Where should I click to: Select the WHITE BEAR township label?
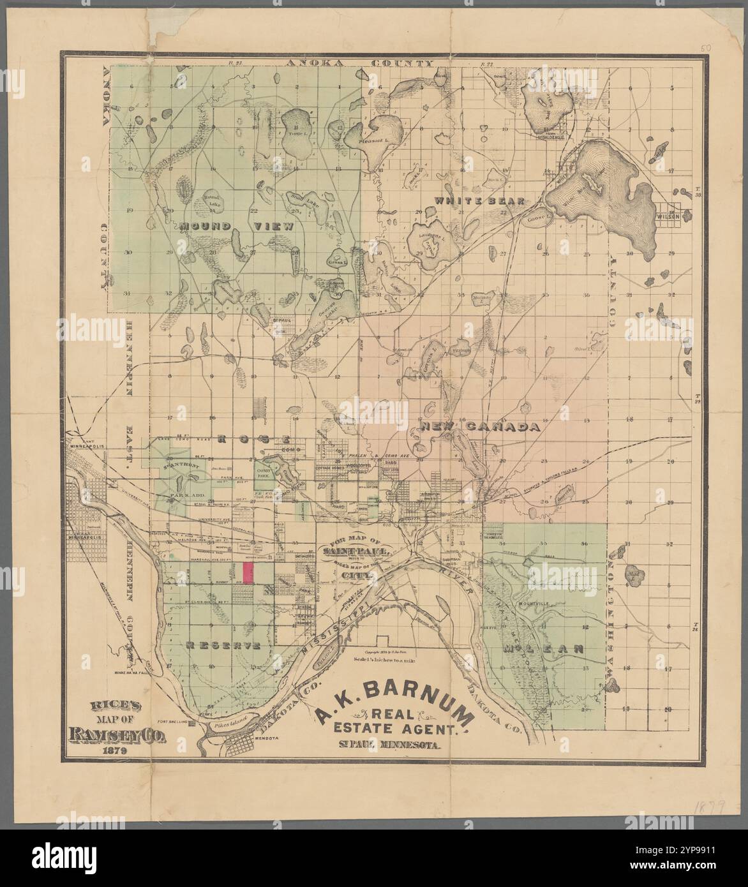point(479,200)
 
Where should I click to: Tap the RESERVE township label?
point(223,645)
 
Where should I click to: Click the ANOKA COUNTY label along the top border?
point(359,63)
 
